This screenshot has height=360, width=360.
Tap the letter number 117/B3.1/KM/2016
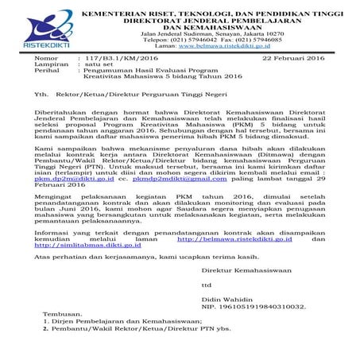(x=116, y=59)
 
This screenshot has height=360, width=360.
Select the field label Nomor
(x=47, y=59)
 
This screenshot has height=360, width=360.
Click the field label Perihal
(x=48, y=72)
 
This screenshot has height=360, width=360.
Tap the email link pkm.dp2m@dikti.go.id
(x=71, y=180)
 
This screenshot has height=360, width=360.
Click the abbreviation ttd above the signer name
(x=207, y=282)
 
